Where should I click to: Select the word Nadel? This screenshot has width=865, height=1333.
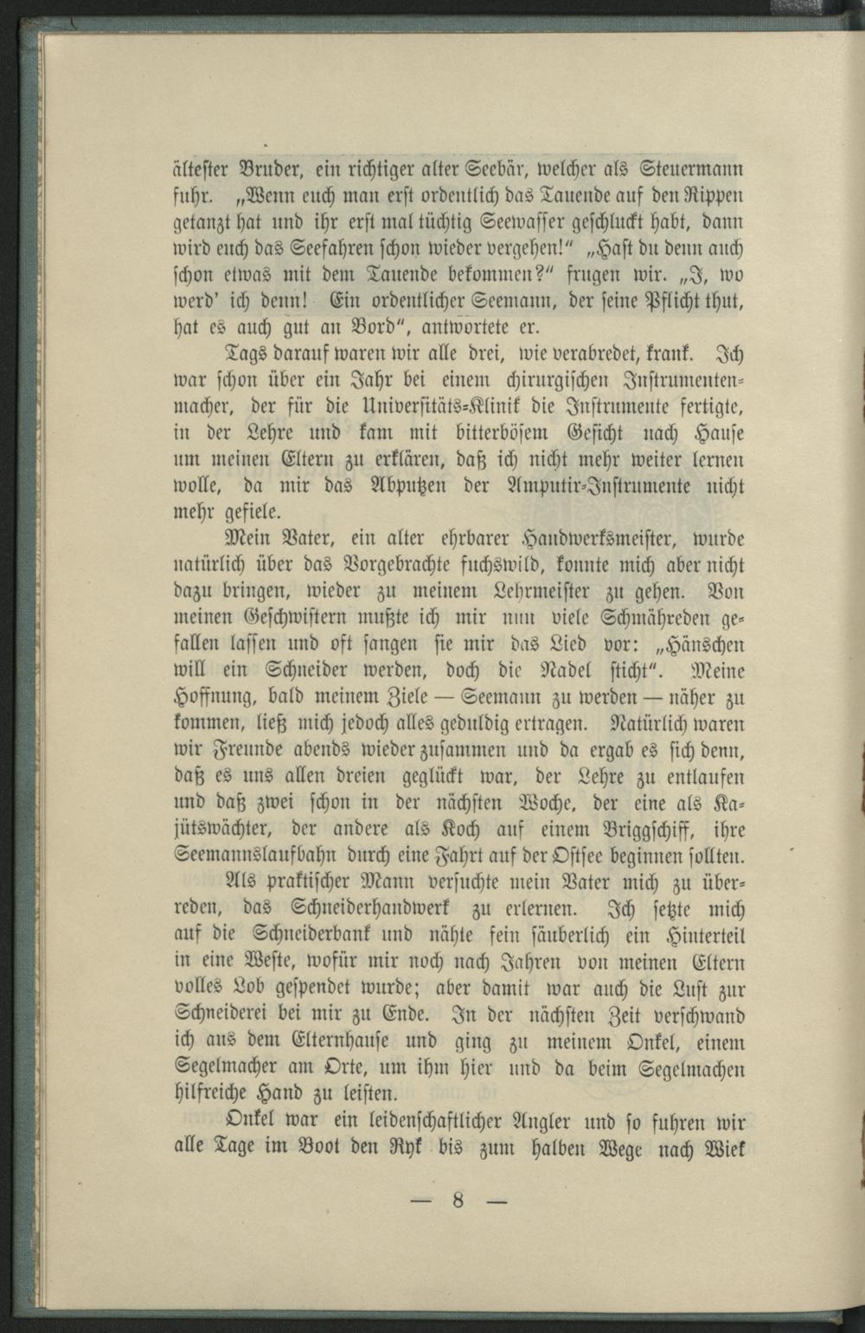[570, 673]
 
